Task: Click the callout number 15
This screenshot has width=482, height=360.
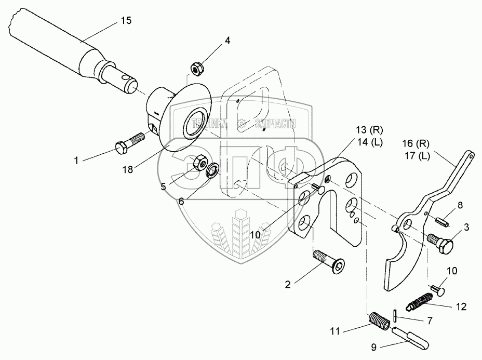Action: pyautogui.click(x=126, y=21)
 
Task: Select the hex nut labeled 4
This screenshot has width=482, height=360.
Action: pyautogui.click(x=196, y=68)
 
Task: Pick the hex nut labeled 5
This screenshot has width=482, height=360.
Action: pyautogui.click(x=198, y=163)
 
